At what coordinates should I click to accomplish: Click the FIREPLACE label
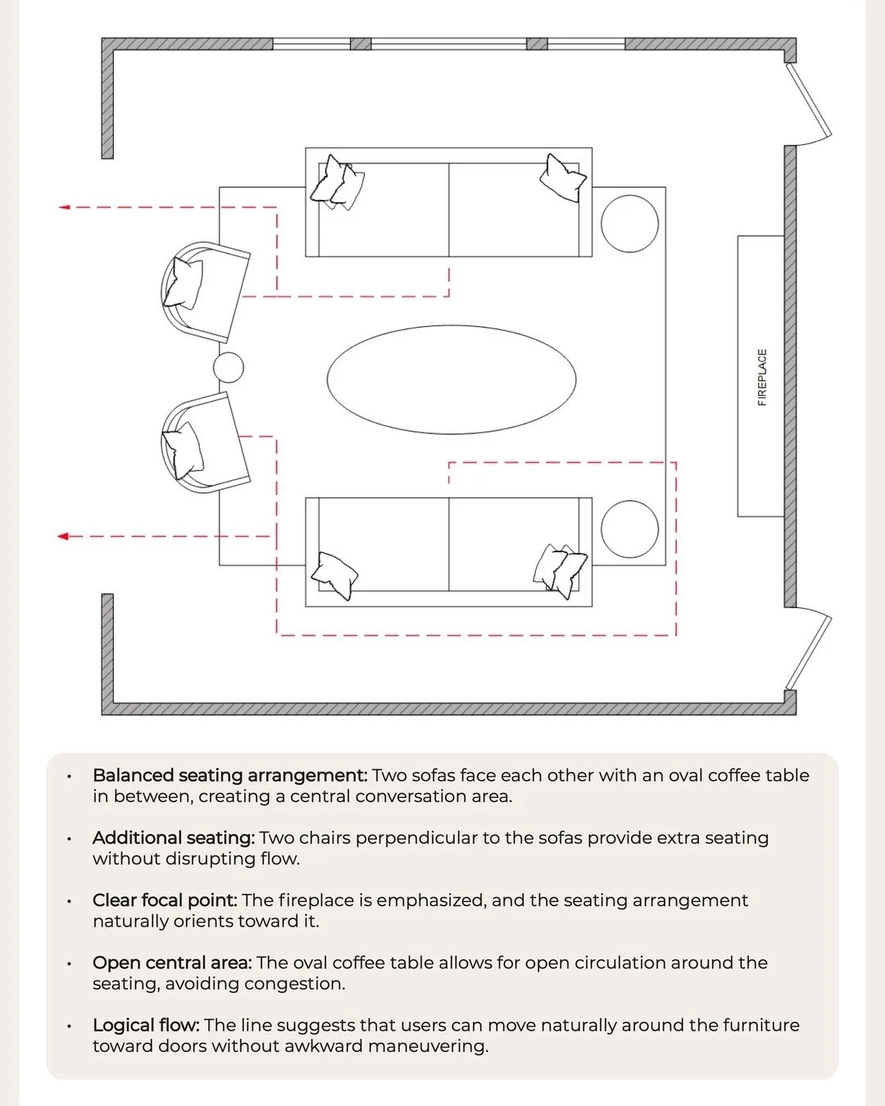[x=762, y=377]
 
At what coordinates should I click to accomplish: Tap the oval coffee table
[x=452, y=379]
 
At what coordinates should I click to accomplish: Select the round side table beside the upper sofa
[x=629, y=223]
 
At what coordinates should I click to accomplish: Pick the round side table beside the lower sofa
[x=629, y=529]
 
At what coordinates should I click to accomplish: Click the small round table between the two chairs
[x=229, y=368]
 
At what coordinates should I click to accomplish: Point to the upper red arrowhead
[x=65, y=207]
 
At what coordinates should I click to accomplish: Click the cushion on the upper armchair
[x=184, y=283]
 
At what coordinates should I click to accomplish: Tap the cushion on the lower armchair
[x=184, y=450]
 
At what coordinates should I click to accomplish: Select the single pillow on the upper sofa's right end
[x=563, y=178]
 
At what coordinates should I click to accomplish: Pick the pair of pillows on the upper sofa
[x=338, y=183]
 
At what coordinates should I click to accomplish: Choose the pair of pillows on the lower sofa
[x=560, y=569]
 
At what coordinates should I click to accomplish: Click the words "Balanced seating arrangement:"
[x=229, y=775]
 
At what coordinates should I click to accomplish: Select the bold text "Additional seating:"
[x=174, y=837]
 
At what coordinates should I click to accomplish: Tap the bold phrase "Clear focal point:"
[x=165, y=900]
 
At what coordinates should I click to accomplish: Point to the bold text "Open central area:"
[x=172, y=962]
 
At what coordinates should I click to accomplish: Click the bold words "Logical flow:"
[x=146, y=1025]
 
